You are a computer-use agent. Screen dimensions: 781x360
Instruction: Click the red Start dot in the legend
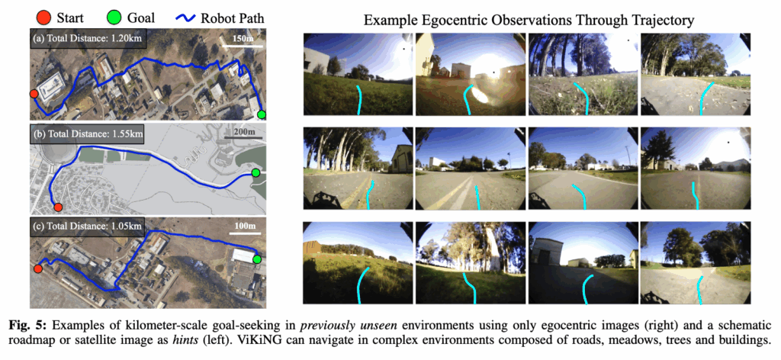tap(43, 18)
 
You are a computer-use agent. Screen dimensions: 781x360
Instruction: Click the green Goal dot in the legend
tap(114, 18)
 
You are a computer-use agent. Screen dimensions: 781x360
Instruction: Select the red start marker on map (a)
tap(34, 94)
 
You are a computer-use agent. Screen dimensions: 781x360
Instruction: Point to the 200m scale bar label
tap(242, 133)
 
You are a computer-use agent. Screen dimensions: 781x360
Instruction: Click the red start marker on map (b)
tap(58, 207)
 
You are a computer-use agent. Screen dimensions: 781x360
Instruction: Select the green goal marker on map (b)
tap(256, 173)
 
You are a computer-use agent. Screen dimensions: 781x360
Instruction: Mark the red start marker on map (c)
tap(37, 269)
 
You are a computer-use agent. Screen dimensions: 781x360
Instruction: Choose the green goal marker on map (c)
tap(257, 259)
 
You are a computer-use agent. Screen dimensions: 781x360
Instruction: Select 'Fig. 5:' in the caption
tap(24, 326)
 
